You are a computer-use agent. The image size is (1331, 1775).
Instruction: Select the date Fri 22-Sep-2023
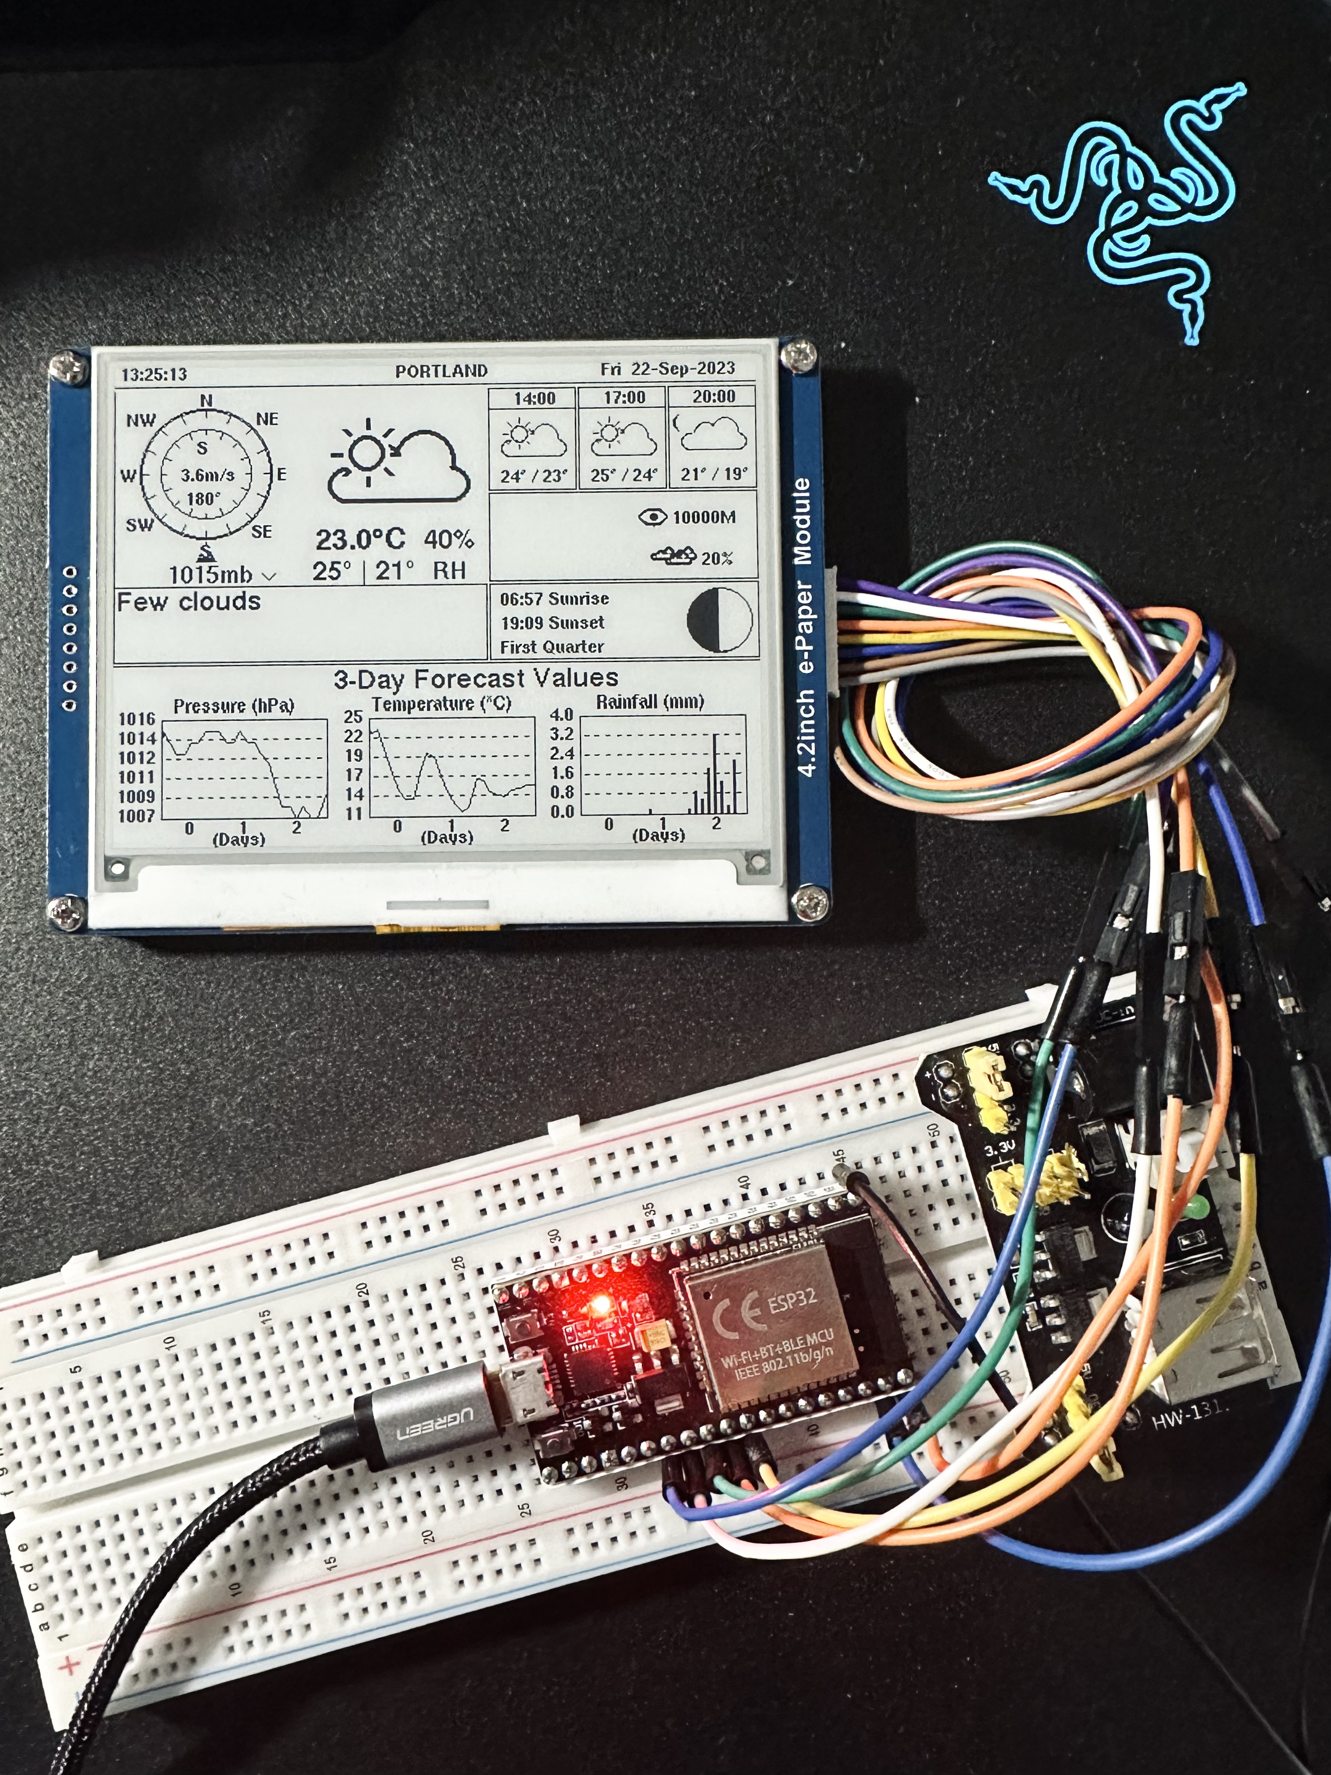click(x=668, y=369)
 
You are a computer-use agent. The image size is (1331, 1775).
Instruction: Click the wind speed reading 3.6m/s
click(x=207, y=475)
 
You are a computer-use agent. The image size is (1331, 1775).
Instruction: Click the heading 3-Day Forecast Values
click(x=476, y=679)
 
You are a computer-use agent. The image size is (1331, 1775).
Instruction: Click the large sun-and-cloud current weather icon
click(x=399, y=463)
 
